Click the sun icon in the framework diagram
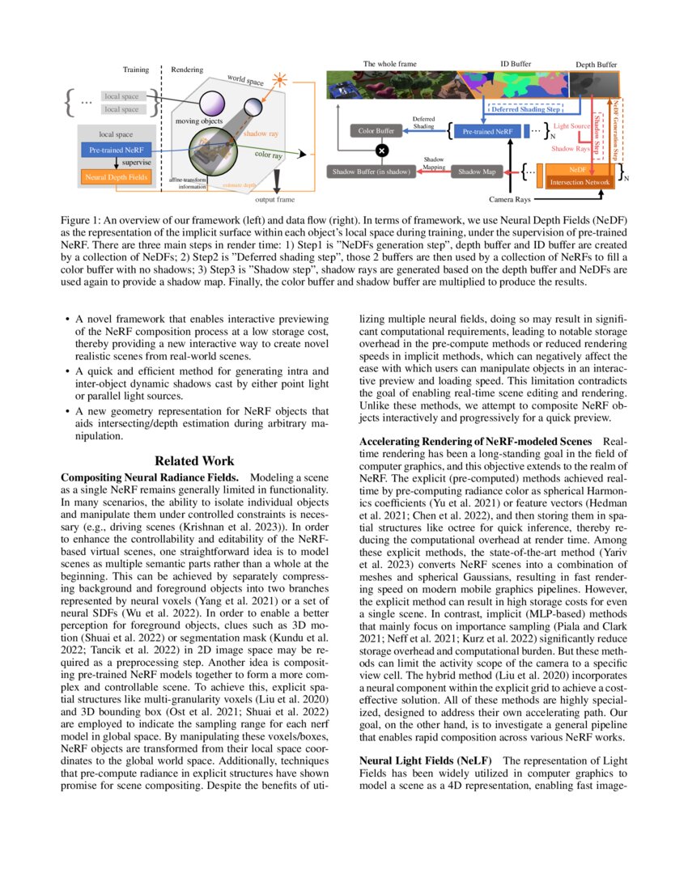(280, 80)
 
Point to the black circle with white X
(382, 150)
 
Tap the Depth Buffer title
(596, 64)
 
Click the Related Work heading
(194, 460)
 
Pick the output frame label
(275, 198)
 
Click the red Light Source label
(571, 127)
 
